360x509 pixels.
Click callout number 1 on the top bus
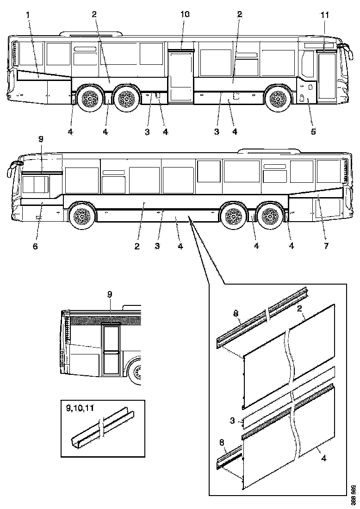[x=28, y=15]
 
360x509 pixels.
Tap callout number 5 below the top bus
[x=313, y=132]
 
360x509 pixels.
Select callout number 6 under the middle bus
[x=36, y=246]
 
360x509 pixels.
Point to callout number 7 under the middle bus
[x=326, y=246]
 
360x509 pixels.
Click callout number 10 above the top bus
[x=185, y=15]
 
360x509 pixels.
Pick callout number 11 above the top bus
[x=325, y=15]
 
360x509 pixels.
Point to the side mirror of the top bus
[x=344, y=46]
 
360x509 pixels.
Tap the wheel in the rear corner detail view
[x=137, y=372]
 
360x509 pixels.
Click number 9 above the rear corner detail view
[x=109, y=294]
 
